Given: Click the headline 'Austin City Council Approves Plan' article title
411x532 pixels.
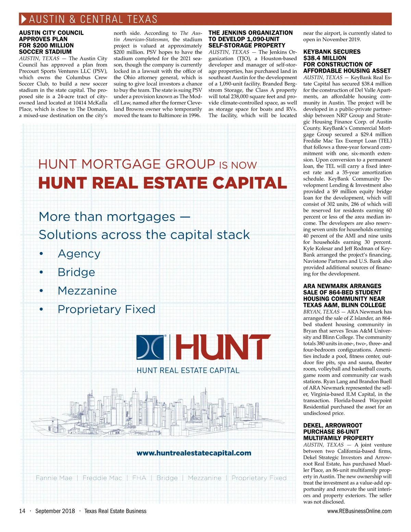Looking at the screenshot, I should coord(51,33).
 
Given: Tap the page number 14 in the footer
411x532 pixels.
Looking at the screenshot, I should coord(22,511).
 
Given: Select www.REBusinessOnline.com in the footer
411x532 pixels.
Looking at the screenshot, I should coord(359,511).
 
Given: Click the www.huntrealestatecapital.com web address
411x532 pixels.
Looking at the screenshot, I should coord(194,453).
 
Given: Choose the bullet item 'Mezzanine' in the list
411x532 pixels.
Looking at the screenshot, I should coord(87,290).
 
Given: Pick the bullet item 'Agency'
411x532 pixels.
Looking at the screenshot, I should coord(79,253).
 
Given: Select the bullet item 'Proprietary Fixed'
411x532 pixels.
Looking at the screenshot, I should coord(107,309).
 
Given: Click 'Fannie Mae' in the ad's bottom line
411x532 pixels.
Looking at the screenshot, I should coord(54,478).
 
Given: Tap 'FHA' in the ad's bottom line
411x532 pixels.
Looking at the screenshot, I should coord(139,478).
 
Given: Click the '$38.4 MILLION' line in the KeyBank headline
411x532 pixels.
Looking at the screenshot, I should coord(325,58).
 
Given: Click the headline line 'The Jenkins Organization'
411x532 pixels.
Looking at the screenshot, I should coord(250,33).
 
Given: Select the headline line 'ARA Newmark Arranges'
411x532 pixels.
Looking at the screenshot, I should coord(342,286).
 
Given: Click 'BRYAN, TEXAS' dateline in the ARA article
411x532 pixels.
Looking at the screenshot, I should coord(321,312).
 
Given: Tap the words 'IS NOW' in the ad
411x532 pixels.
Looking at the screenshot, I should coord(238,165).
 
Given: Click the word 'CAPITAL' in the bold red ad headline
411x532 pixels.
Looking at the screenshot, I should coord(250,183).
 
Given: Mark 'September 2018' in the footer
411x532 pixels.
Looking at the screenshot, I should coord(55,511).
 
